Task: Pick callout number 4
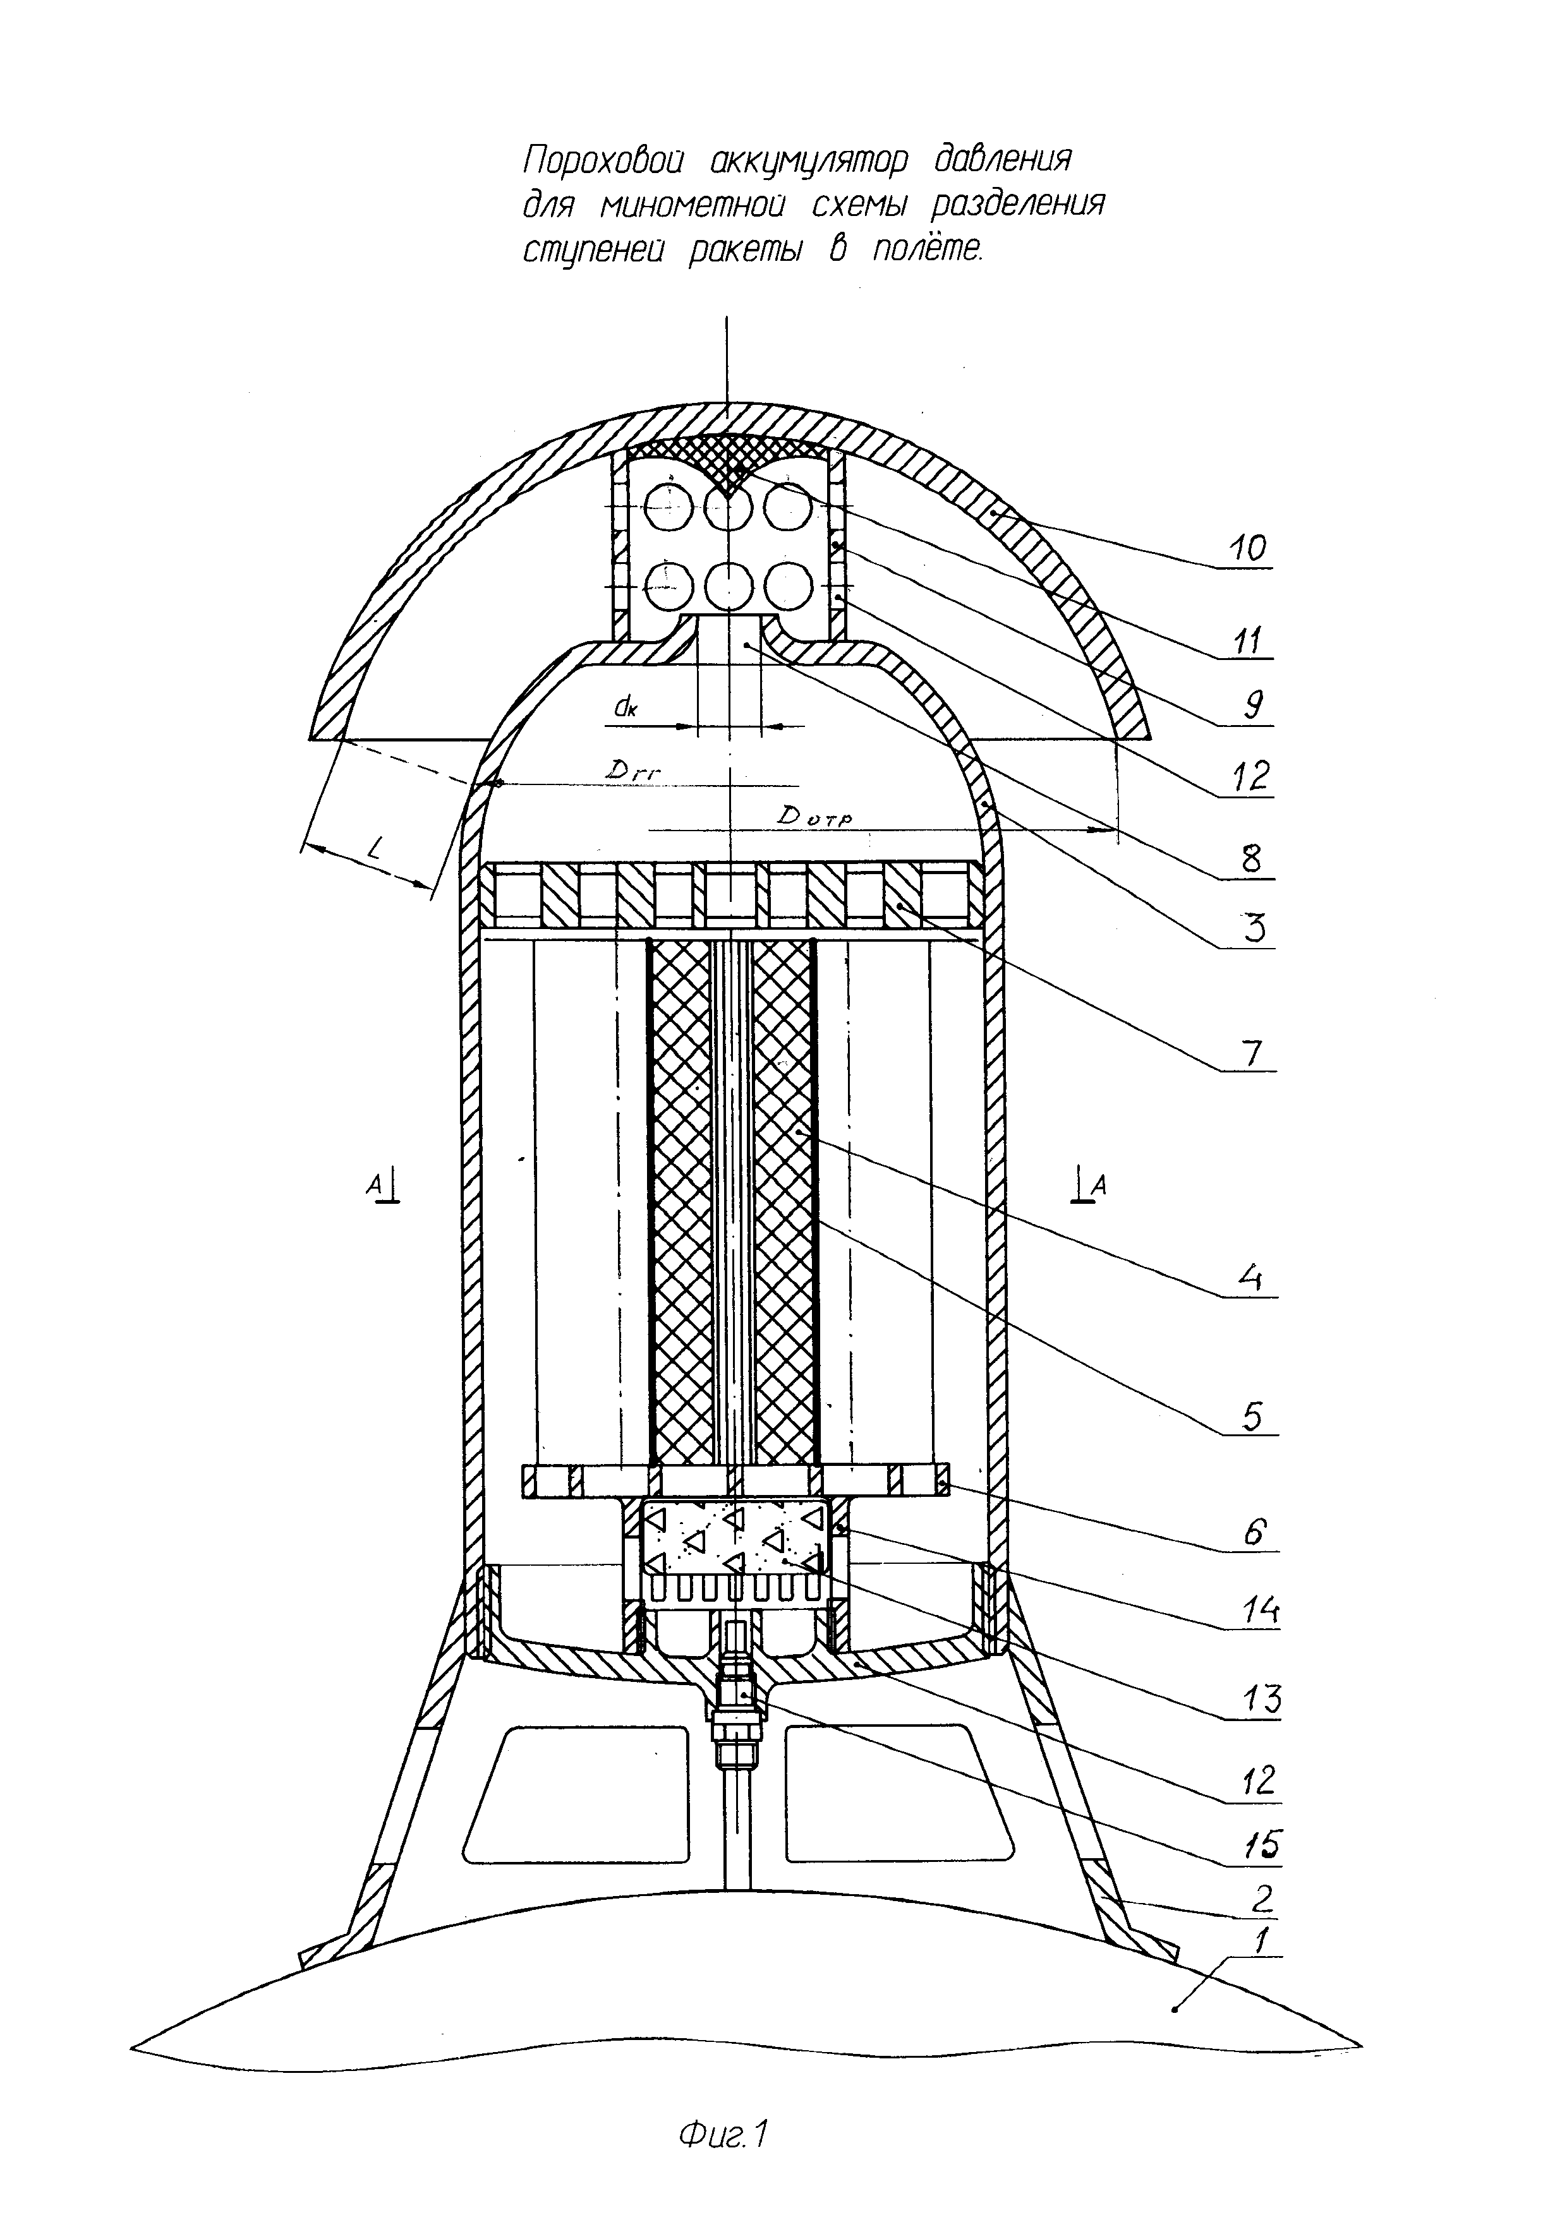pos(1252,1278)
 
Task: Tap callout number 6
pos(1254,1532)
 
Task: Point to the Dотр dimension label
pos(815,816)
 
